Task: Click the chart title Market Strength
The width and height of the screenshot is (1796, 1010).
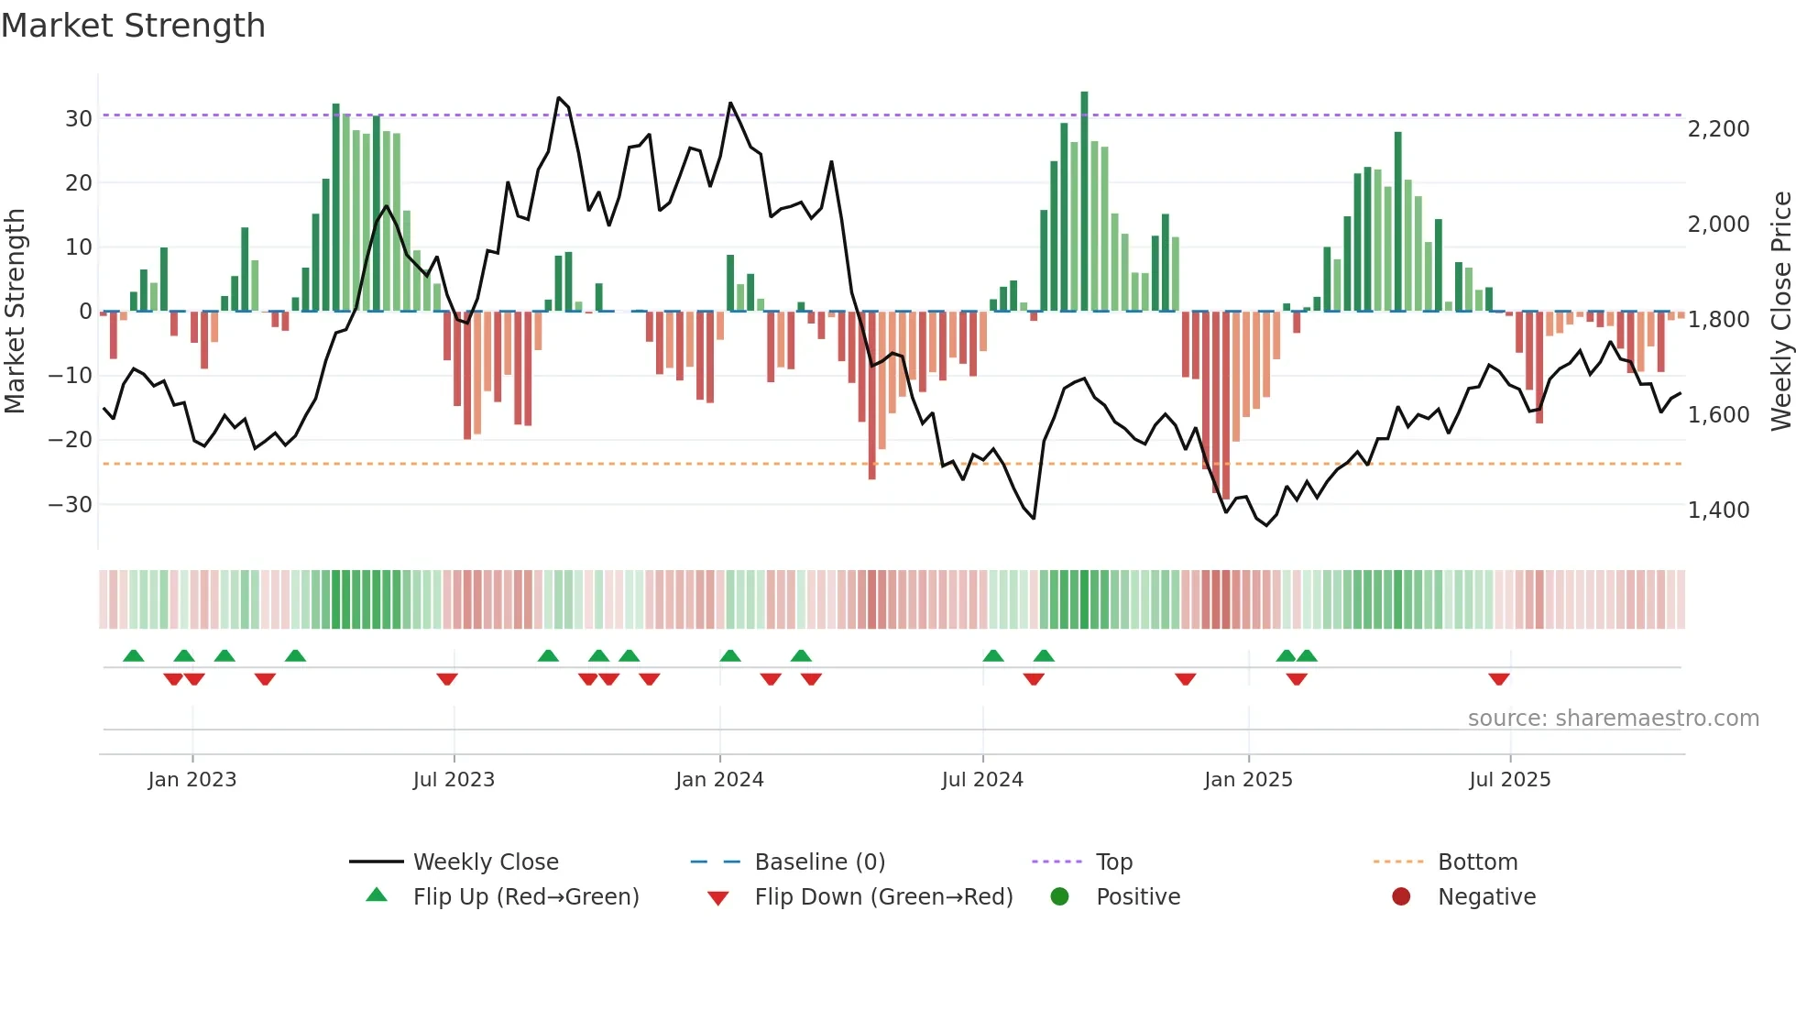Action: pos(133,26)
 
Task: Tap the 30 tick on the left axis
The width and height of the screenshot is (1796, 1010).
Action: pos(78,118)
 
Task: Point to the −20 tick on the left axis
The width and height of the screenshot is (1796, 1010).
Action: pos(71,440)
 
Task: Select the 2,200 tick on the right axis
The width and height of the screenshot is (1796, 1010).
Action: pos(1718,129)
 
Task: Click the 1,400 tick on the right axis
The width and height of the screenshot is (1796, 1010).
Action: pos(1718,510)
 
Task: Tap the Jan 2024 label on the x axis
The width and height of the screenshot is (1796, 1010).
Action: pos(719,780)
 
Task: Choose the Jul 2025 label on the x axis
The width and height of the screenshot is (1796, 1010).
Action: pos(1509,780)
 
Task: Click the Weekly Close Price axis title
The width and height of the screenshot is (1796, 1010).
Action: pos(1780,311)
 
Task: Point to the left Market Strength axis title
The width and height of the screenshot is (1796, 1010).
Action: pos(16,311)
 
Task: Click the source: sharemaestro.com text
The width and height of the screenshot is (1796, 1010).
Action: pos(1613,719)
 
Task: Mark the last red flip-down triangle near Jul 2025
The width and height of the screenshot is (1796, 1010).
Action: pos(1499,679)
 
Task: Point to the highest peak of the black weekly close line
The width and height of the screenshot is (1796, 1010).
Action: pos(559,98)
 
